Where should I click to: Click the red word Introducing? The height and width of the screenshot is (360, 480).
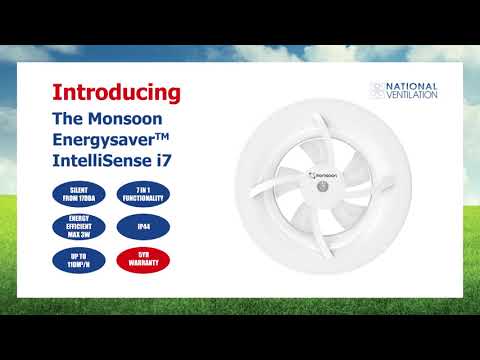tap(116, 93)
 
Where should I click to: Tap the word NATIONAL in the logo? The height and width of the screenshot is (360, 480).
tap(413, 87)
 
